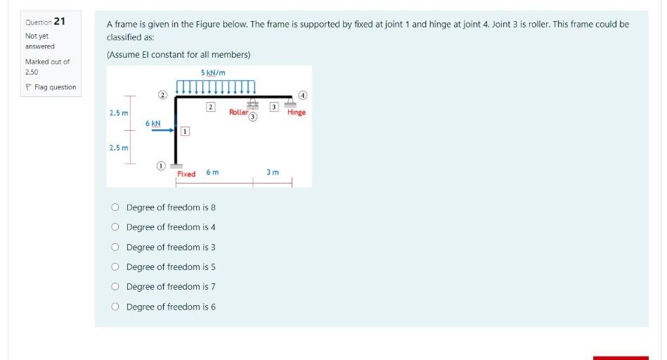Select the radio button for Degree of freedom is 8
[115, 207]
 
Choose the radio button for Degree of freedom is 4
[115, 227]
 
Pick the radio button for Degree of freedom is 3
[115, 247]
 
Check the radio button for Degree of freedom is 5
[115, 266]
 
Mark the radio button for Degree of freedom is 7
[115, 286]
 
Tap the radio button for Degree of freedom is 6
[115, 307]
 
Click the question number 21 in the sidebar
[60, 20]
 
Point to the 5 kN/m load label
[212, 72]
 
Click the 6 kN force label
[153, 123]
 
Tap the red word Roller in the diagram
[238, 112]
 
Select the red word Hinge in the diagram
[297, 112]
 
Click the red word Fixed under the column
[186, 174]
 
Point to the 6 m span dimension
[212, 172]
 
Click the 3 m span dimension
[273, 172]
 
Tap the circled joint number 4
[303, 94]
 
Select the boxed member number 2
[209, 106]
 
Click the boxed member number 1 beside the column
[184, 131]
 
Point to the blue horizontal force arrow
[161, 129]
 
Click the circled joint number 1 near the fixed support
[160, 166]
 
